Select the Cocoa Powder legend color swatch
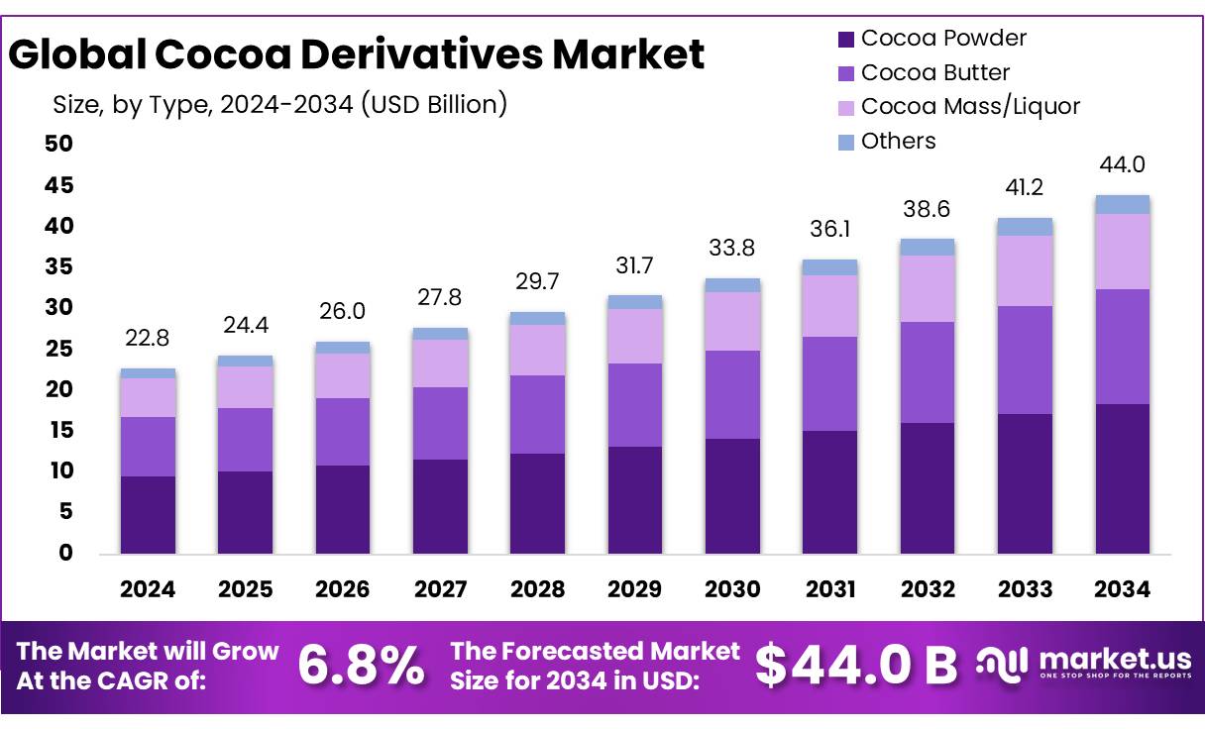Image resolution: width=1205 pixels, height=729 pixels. [x=845, y=40]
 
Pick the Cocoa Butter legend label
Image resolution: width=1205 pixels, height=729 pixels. [x=934, y=72]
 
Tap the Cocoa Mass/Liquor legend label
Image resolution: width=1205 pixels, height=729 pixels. [x=969, y=106]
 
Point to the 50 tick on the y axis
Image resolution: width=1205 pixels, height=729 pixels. [x=59, y=144]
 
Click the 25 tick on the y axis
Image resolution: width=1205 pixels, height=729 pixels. [x=59, y=349]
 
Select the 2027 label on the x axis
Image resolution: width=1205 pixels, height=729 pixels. [x=440, y=589]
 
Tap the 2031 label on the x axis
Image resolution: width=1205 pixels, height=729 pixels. [x=830, y=589]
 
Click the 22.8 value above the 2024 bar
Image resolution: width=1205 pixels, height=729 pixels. [x=148, y=338]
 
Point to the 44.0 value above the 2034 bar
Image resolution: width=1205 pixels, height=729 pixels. [x=1122, y=164]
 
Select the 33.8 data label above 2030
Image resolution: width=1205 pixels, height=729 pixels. [x=732, y=248]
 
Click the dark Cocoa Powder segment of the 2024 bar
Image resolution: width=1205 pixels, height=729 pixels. [x=148, y=514]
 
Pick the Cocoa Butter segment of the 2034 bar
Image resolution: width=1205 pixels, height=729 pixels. [x=1122, y=347]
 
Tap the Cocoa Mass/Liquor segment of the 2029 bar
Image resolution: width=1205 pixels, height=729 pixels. [x=635, y=336]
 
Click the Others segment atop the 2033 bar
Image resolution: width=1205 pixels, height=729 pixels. [x=1025, y=227]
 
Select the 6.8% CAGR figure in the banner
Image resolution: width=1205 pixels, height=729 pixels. [x=361, y=666]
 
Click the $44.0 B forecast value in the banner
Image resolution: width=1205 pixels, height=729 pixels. [x=856, y=666]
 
